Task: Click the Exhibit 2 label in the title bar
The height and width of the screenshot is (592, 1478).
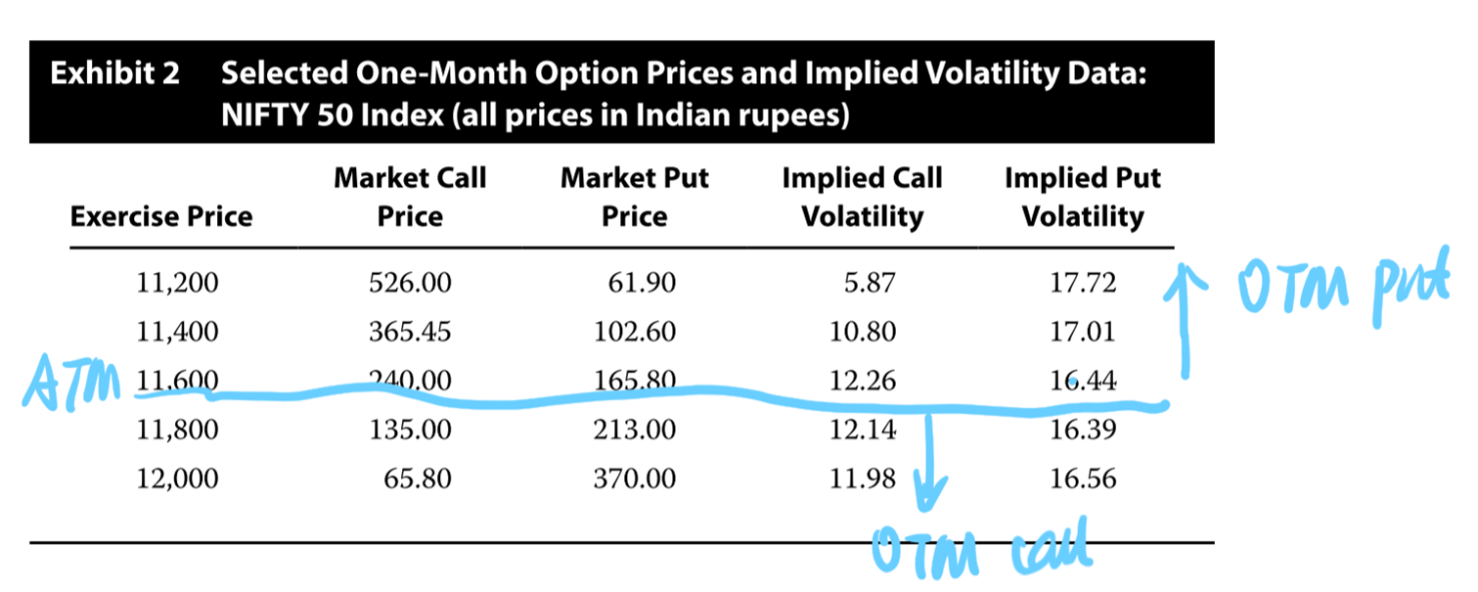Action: point(114,74)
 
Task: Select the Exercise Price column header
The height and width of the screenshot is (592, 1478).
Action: point(161,216)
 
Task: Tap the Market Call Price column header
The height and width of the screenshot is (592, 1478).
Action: point(410,197)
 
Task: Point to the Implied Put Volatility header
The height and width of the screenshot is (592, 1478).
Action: point(1083,197)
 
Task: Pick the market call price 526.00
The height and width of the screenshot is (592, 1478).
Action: point(410,284)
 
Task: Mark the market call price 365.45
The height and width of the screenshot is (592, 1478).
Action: point(410,333)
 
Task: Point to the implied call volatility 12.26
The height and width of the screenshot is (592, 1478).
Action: point(862,381)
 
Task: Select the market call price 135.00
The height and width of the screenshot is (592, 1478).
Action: point(410,430)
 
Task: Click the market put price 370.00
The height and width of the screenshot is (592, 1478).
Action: point(635,478)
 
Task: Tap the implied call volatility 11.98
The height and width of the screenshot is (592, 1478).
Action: point(862,478)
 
